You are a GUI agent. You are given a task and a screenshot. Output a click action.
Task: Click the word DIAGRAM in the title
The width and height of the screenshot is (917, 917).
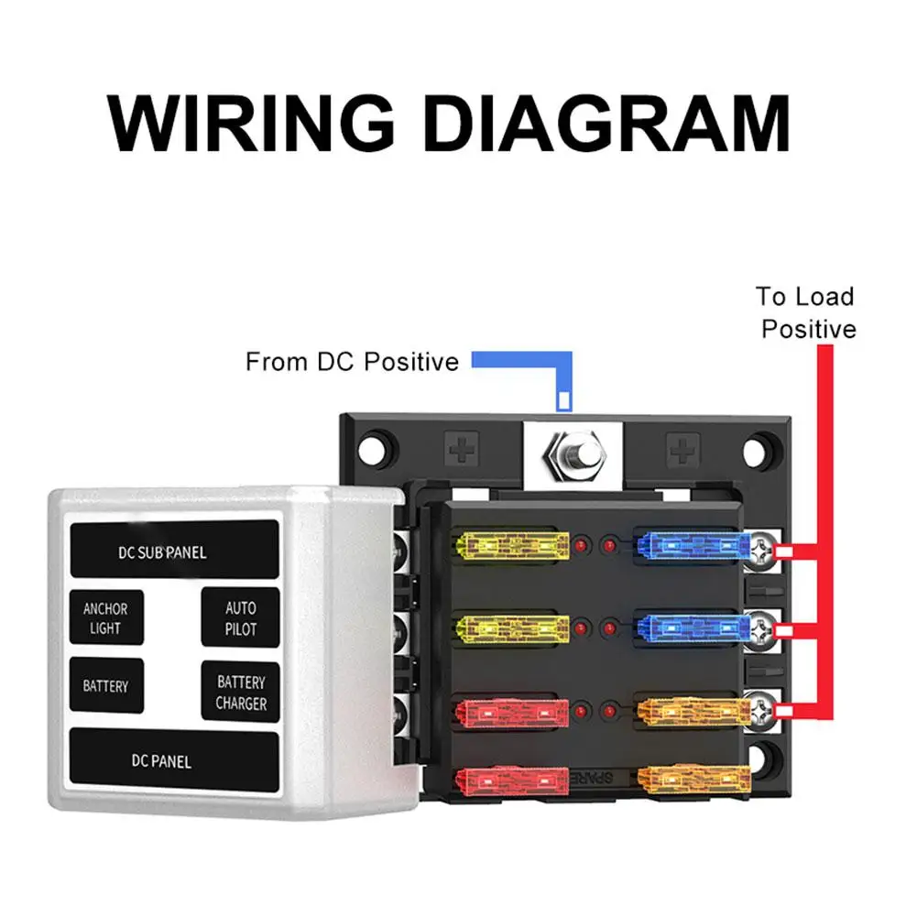[x=610, y=123]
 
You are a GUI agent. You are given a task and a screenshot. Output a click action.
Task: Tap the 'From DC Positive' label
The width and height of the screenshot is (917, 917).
[x=352, y=362]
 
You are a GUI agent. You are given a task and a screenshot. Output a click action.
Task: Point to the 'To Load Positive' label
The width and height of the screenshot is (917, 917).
[x=806, y=312]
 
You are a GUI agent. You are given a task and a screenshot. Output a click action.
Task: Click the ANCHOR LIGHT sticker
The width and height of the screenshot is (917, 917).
[x=106, y=618]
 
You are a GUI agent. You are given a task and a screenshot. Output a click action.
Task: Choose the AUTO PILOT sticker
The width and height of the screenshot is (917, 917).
[x=240, y=618]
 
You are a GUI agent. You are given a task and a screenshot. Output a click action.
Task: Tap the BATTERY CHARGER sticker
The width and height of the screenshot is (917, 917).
[x=240, y=693]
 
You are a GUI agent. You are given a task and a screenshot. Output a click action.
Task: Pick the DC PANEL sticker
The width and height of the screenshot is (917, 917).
[x=174, y=759]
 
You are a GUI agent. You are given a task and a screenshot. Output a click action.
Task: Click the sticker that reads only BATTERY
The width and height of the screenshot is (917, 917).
[x=106, y=685]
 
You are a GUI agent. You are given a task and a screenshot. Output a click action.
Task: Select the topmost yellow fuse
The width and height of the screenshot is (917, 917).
[x=506, y=548]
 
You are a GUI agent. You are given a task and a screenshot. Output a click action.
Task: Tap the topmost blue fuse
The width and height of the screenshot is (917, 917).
[x=689, y=548]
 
